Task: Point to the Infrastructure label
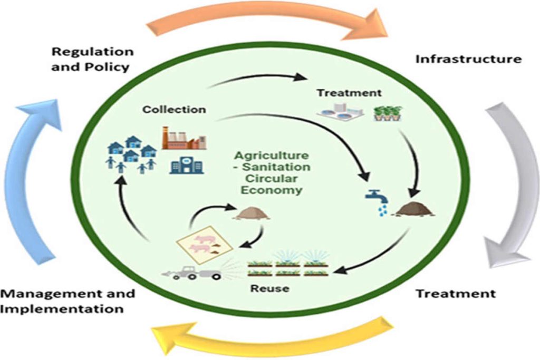coord(468,59)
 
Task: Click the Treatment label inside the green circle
coord(349,93)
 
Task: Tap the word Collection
coord(174,110)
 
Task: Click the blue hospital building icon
coord(186,166)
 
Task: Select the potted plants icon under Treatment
coord(387,113)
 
